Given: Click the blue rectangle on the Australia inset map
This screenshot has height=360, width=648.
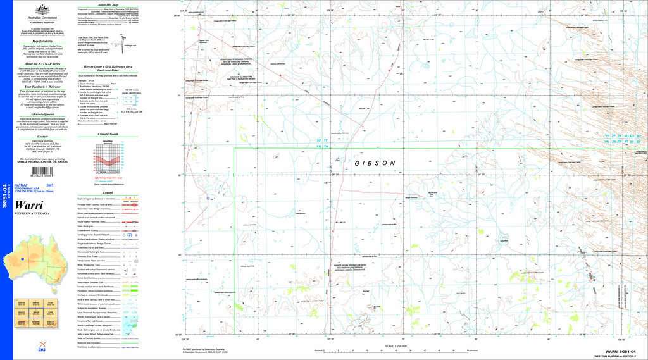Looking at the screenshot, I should click(x=23, y=259).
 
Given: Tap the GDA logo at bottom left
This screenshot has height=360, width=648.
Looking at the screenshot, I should click(x=42, y=350).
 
